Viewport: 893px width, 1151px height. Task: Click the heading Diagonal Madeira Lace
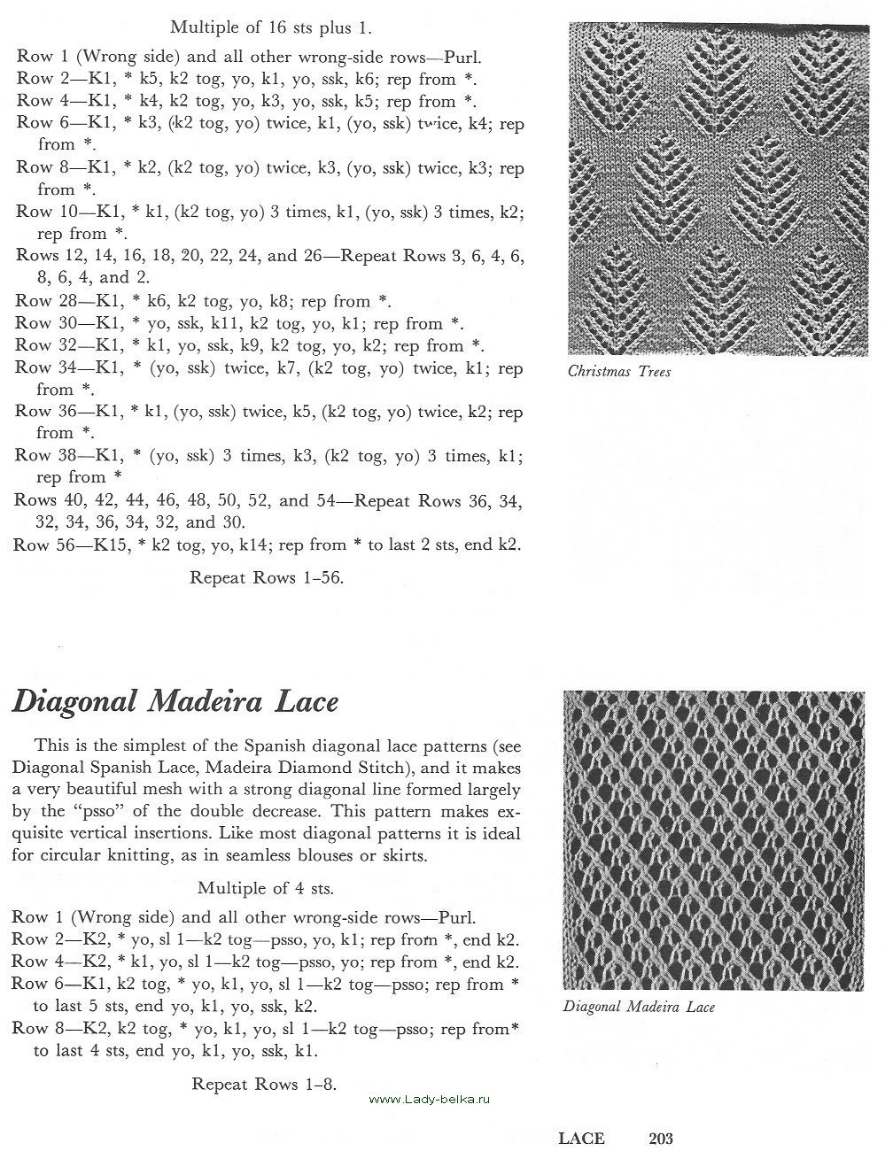coord(175,702)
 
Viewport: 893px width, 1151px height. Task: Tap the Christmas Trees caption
coord(618,372)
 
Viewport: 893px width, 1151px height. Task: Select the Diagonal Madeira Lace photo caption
coord(639,1007)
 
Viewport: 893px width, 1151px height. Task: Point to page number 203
coord(662,1139)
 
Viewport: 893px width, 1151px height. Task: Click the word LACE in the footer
coord(581,1139)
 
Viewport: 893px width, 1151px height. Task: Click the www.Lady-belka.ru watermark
coord(429,1099)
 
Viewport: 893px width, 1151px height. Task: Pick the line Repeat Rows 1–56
coord(267,578)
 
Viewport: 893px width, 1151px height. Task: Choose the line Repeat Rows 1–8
coord(264,1084)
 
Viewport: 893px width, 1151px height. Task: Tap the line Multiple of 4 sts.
coord(266,888)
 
